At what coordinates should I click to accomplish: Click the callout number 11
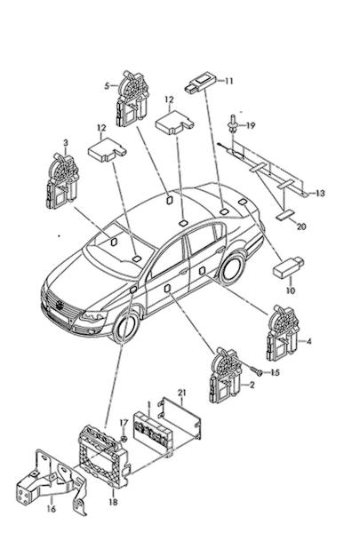[x=228, y=81]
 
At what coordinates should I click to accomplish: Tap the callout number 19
[x=251, y=125]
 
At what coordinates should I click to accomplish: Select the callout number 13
[x=320, y=194]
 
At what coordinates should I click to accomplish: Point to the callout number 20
[x=301, y=227]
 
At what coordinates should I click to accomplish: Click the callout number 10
[x=291, y=290]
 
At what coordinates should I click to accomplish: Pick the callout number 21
[x=182, y=393]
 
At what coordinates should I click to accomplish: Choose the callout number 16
[x=51, y=509]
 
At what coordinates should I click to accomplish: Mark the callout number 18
[x=114, y=502]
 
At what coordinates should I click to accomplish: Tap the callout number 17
[x=124, y=423]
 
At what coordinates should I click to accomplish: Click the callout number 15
[x=275, y=372]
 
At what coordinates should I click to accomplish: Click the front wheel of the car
[x=126, y=327]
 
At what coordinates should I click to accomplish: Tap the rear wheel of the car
[x=232, y=267]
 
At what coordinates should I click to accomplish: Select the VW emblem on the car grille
[x=60, y=305]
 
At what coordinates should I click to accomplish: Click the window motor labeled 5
[x=132, y=99]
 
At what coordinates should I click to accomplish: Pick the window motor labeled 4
[x=283, y=332]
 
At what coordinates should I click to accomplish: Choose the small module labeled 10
[x=288, y=267]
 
